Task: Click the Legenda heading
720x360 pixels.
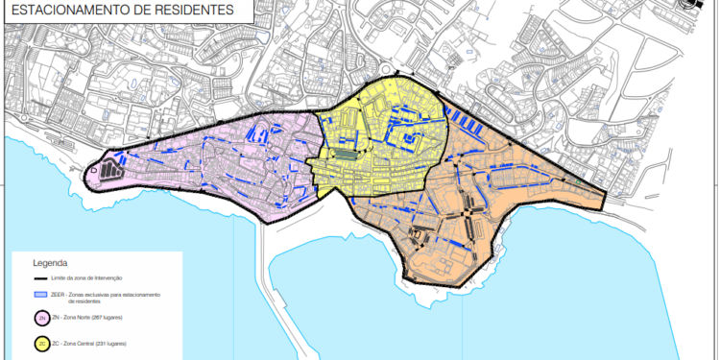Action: click(50, 262)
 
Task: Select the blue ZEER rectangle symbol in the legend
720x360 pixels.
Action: click(42, 294)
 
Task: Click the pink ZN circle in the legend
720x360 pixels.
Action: click(42, 318)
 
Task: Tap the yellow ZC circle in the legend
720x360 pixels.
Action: click(42, 343)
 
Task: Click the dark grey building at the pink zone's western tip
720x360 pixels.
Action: click(109, 171)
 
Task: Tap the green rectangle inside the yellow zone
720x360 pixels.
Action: click(345, 154)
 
